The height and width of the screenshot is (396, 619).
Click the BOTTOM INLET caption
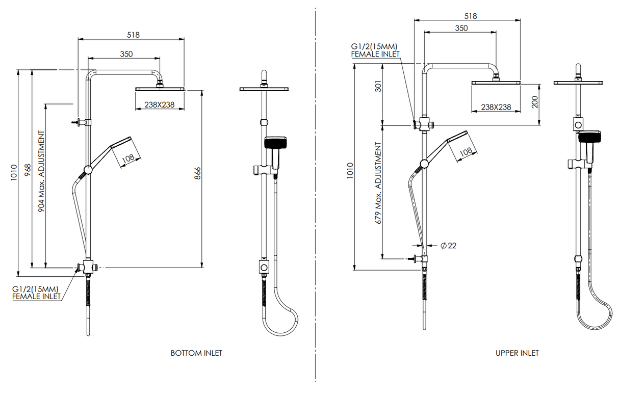point(196,353)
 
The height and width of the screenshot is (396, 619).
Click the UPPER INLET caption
point(517,353)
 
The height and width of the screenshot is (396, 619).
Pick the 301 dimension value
point(378,87)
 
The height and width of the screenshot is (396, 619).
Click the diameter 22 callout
point(448,246)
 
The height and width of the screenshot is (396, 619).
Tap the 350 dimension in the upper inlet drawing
point(460,29)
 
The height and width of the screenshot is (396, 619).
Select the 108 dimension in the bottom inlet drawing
point(128,158)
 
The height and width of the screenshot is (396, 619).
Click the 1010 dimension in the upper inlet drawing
point(349,169)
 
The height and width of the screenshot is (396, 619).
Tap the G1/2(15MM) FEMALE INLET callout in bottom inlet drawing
point(36,293)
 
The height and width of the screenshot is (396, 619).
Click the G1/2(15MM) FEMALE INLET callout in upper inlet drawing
point(375,50)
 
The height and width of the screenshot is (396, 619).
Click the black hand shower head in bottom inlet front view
point(276,142)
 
